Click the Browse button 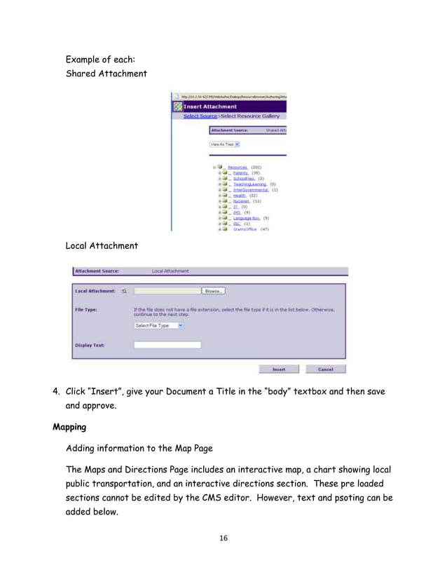click(x=214, y=291)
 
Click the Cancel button click(x=325, y=369)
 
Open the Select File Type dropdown click(x=159, y=325)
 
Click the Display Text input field click(x=167, y=345)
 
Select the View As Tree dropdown click(x=225, y=144)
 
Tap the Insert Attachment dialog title click(x=210, y=107)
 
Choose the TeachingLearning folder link click(x=250, y=184)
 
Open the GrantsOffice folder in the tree click(x=245, y=229)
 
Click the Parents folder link click(x=241, y=173)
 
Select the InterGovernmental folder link click(x=250, y=190)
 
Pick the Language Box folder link click(x=247, y=218)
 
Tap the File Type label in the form click(x=87, y=308)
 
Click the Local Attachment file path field click(x=167, y=291)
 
